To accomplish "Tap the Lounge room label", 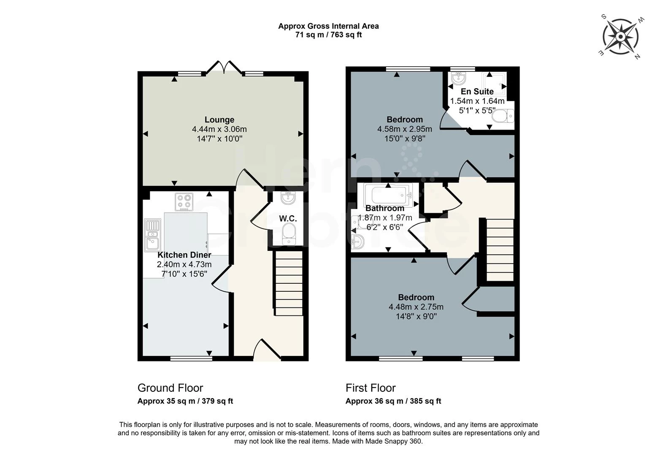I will (219, 120).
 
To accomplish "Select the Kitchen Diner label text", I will (184, 255).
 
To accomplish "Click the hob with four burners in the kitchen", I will (184, 202).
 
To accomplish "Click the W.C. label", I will (288, 219).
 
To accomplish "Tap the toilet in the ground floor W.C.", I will (289, 233).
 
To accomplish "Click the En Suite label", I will (477, 92).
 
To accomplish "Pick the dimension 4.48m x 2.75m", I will (416, 307).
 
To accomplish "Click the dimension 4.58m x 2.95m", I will (404, 129).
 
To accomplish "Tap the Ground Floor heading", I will (170, 388).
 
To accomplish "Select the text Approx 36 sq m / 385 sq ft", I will (393, 401).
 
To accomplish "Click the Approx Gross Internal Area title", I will (328, 26).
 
